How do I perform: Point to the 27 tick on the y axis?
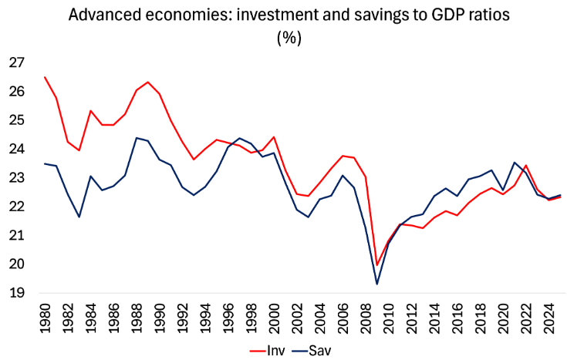[16, 62]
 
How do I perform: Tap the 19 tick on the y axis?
[16, 293]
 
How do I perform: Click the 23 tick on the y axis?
[16, 178]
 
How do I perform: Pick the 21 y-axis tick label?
[16, 236]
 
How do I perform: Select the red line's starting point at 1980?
[45, 77]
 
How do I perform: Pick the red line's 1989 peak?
[147, 82]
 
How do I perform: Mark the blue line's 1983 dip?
[79, 217]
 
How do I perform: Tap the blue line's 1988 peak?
[136, 138]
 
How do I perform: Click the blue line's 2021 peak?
[515, 163]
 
